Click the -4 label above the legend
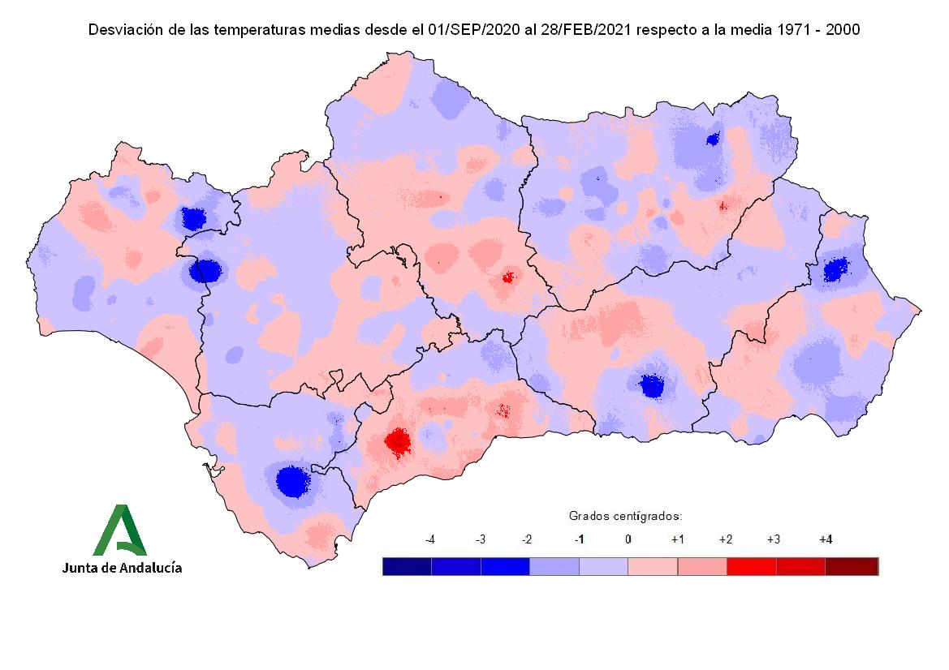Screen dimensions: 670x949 click(430, 539)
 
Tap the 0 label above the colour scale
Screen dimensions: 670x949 click(628, 539)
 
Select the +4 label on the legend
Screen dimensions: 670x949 click(826, 539)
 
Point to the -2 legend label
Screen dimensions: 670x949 click(527, 539)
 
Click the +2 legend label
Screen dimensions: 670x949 click(726, 539)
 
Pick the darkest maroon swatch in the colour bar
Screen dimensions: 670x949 click(852, 566)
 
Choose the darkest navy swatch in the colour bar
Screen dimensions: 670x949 click(407, 566)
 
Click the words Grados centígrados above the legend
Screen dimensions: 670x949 click(624, 515)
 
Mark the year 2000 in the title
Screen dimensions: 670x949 click(843, 30)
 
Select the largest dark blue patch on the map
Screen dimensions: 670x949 click(291, 481)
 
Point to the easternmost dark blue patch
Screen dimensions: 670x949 click(835, 269)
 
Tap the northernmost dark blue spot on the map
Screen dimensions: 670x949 click(713, 140)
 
